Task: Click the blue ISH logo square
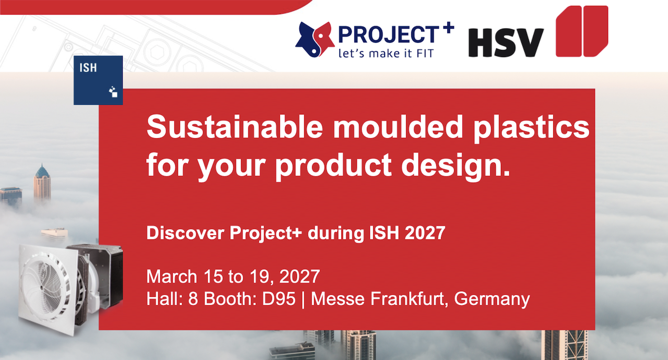coord(98,80)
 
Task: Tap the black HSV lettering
coord(506,43)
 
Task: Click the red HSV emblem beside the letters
coord(582,31)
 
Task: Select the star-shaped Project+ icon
coord(315,39)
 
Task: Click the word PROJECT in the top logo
coord(389,34)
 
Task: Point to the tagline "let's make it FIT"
coord(386,53)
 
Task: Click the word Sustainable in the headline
coord(235,127)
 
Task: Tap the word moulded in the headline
coord(398,127)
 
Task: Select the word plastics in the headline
coord(531,128)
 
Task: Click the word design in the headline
coord(456,166)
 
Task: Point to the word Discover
coord(185,233)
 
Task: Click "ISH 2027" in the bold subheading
coord(407,233)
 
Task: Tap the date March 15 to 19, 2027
coord(233,277)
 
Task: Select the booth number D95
coord(279,298)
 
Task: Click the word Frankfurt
coord(409,298)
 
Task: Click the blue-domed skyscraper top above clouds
coord(42,171)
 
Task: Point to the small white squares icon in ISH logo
coord(113,91)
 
